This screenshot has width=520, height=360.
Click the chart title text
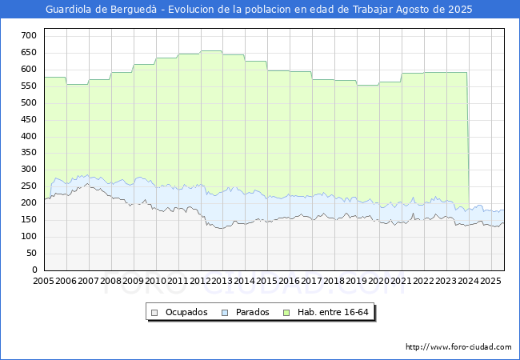259,10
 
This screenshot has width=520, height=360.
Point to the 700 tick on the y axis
28,35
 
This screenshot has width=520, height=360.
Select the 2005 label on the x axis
44,282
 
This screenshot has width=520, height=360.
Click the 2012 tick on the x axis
201,282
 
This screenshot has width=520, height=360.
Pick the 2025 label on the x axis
491,282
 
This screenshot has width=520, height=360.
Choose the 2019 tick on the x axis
357,282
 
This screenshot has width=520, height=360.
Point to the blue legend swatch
225,312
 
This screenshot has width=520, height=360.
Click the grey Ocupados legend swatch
156,312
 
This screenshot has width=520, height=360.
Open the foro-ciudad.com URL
458,347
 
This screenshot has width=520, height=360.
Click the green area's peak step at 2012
211,51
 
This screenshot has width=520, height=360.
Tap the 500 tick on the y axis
28,102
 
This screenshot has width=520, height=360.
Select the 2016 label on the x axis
290,282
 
